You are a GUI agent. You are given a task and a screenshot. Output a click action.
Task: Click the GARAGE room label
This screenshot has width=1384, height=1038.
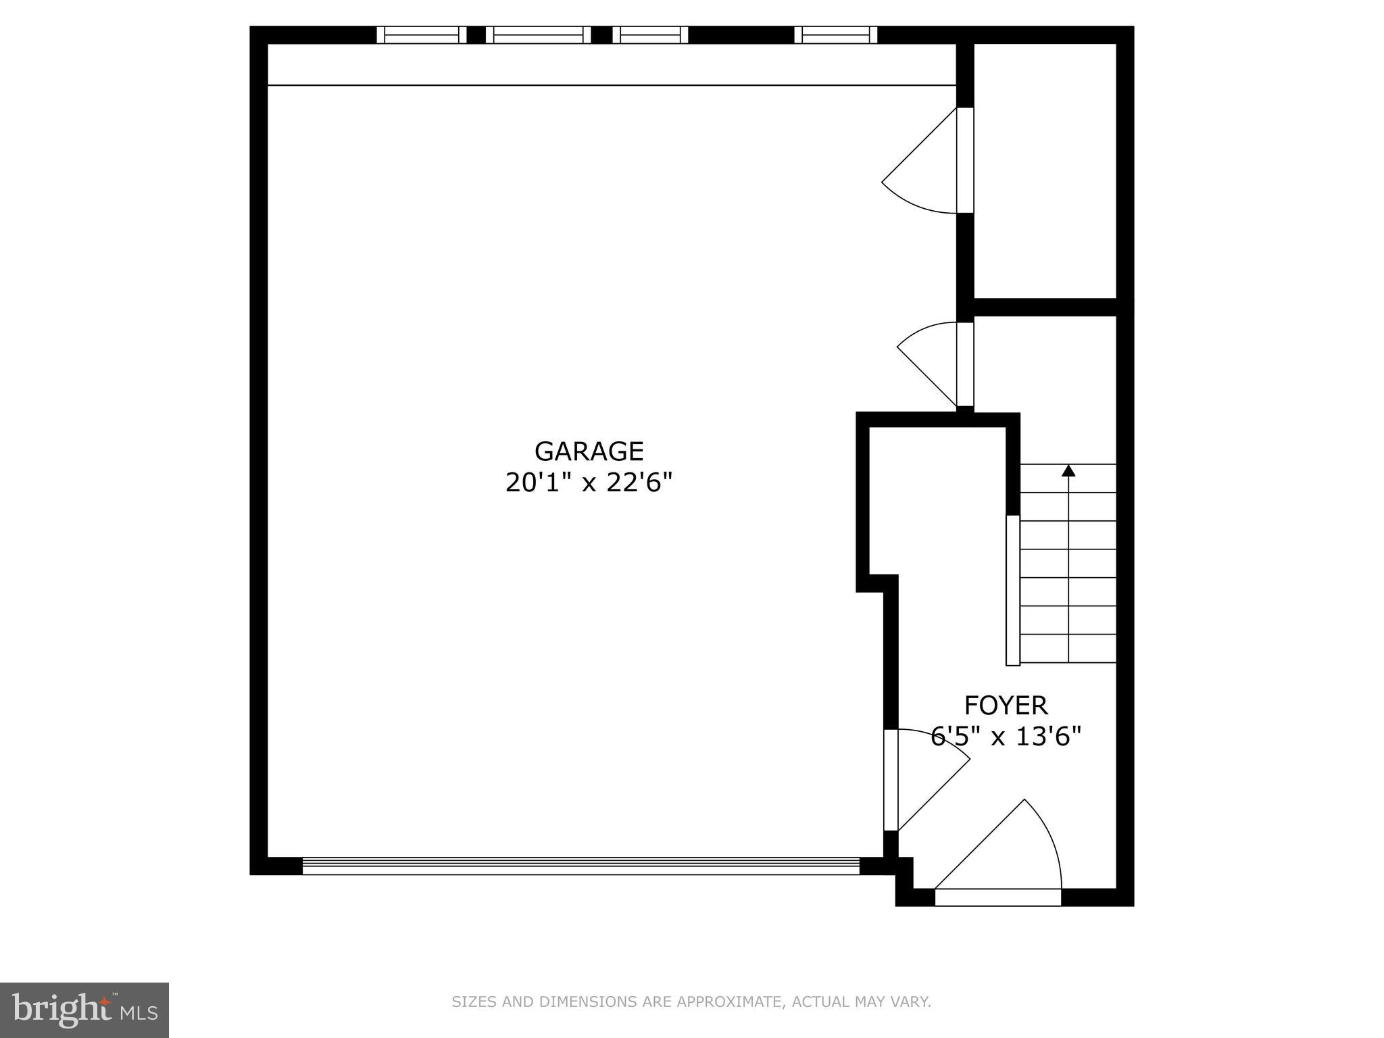click(589, 451)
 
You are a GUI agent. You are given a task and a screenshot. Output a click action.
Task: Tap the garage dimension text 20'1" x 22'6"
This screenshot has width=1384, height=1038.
click(589, 483)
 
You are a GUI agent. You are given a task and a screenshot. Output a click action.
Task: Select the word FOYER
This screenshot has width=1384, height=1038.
click(1006, 706)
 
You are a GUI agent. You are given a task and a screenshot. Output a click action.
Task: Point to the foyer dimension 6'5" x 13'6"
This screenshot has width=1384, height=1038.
click(1006, 736)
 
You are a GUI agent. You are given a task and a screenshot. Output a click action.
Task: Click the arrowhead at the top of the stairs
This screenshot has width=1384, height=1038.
click(1068, 470)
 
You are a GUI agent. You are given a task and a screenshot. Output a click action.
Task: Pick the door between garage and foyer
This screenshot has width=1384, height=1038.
click(919, 777)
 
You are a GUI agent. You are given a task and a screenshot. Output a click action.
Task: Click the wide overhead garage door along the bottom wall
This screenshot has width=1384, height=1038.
click(581, 866)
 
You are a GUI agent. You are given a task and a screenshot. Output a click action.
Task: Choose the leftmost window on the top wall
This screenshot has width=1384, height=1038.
click(422, 34)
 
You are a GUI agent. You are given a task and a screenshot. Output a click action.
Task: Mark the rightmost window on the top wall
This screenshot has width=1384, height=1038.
click(836, 34)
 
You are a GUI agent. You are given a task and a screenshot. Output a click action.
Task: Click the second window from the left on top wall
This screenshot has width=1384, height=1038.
click(538, 34)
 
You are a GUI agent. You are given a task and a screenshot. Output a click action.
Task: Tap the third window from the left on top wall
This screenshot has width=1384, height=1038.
click(650, 34)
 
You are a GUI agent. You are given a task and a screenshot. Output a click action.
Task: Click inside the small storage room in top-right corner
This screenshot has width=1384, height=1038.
click(1045, 169)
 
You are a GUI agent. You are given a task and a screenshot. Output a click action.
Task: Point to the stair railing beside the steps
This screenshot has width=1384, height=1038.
click(1012, 590)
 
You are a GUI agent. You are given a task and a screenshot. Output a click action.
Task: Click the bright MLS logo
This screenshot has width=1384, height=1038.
click(84, 1010)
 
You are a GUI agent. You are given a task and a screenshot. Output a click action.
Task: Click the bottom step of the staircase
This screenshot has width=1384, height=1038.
click(1068, 649)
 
